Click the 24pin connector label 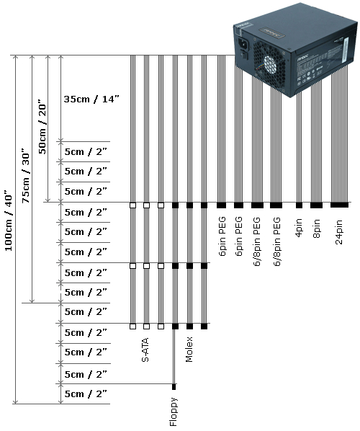(339, 232)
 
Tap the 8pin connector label (317, 228)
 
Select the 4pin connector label (299, 227)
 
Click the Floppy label (174, 412)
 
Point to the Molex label (189, 349)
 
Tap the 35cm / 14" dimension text (91, 99)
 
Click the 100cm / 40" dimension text (9, 221)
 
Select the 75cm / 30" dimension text (25, 176)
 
